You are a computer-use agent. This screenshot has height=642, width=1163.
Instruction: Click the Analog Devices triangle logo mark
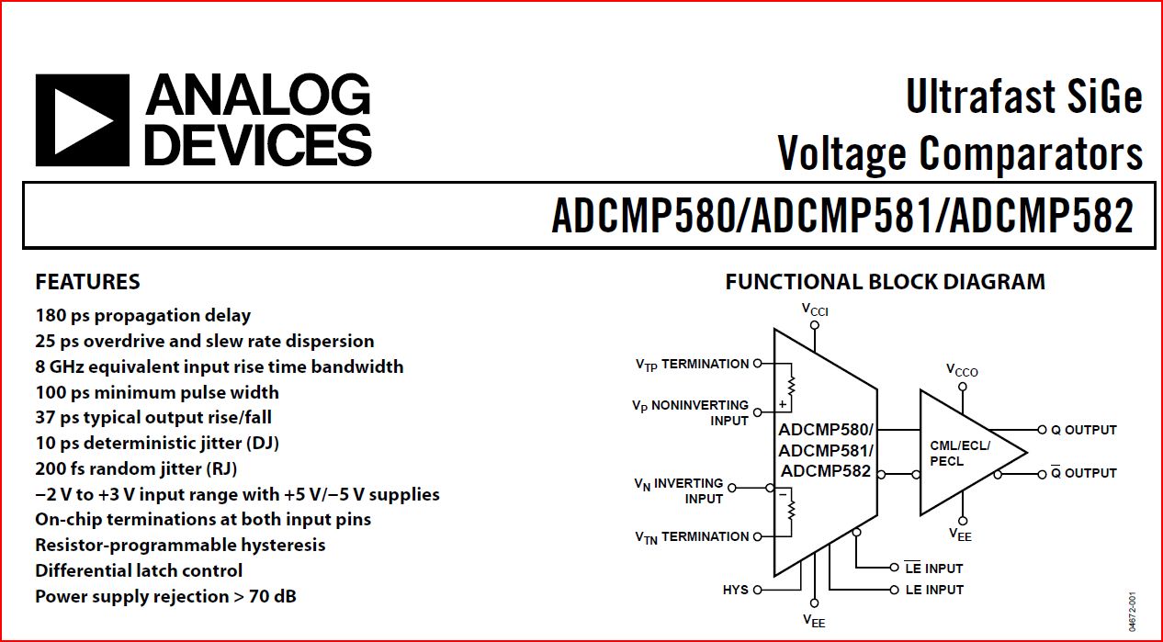tap(82, 120)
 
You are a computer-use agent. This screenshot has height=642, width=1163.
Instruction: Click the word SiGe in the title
tap(1104, 96)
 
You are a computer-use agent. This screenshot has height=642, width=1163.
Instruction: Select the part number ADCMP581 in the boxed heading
tap(841, 216)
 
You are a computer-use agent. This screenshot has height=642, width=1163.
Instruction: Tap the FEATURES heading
tap(87, 282)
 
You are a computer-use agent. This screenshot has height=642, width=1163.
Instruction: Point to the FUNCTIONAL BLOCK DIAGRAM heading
tap(886, 282)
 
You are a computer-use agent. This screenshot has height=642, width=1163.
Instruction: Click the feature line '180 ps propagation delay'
tap(142, 316)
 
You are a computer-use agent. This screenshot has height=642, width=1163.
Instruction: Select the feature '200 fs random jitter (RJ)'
tap(136, 468)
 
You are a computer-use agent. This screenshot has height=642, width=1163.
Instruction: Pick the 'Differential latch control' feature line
tap(139, 570)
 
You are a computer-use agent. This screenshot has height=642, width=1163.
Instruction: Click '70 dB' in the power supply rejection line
tap(273, 596)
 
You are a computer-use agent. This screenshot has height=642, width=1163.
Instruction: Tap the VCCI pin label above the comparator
tap(815, 310)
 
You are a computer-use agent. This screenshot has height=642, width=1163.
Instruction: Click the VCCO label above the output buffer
tap(962, 370)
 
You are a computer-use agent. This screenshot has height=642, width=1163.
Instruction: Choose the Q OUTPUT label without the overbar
tap(1084, 430)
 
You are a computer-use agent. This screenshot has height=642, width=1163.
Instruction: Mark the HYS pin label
tap(735, 590)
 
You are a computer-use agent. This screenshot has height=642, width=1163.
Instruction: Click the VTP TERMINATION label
tap(692, 365)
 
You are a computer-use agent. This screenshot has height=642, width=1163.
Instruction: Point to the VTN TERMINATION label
tap(692, 537)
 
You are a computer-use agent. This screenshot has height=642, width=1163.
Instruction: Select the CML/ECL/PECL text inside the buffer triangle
tap(960, 453)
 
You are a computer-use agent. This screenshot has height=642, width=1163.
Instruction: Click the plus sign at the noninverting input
tap(783, 404)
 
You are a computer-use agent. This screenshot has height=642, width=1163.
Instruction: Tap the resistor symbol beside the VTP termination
tap(791, 386)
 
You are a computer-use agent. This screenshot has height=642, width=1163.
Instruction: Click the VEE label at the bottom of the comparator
tap(814, 621)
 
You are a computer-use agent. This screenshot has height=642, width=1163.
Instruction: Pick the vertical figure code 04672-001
tap(1133, 612)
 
